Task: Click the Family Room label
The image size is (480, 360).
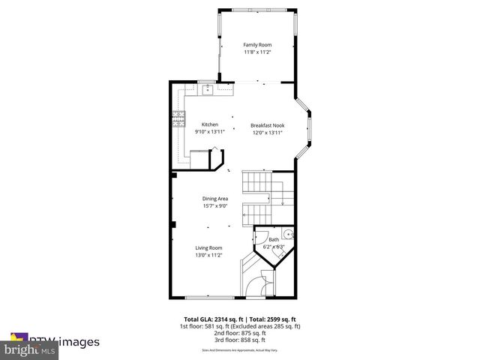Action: click(256, 45)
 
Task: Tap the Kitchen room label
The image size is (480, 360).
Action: click(209, 124)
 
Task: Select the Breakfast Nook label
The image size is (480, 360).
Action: click(267, 124)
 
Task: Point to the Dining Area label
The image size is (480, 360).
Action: click(215, 198)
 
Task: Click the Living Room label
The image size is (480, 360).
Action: click(209, 247)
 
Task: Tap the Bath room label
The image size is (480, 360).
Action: click(274, 239)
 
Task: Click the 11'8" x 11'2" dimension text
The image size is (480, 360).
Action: click(256, 52)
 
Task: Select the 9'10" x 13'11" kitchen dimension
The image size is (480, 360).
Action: click(209, 131)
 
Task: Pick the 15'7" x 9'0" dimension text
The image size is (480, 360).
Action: click(215, 205)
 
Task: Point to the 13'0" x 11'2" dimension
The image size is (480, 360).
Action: click(209, 255)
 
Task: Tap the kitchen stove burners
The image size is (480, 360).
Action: click(178, 119)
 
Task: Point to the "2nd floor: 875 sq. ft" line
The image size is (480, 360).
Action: click(240, 333)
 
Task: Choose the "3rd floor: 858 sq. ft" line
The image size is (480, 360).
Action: click(240, 340)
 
